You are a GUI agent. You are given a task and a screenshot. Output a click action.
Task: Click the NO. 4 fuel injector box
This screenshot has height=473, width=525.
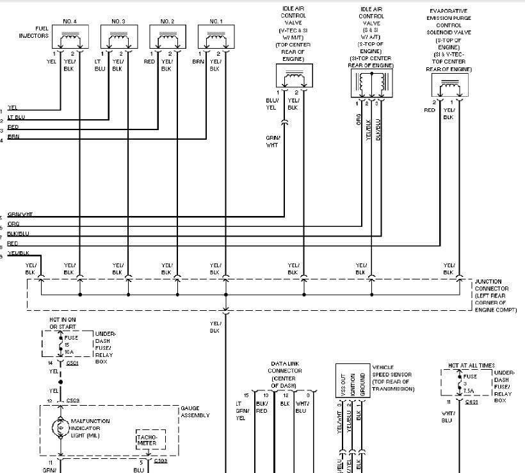pos(69,38)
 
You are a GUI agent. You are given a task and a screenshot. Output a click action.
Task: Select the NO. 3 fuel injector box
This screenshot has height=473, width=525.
pos(118,38)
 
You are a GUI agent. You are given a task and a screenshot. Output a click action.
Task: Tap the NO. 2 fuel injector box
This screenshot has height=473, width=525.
pos(166,38)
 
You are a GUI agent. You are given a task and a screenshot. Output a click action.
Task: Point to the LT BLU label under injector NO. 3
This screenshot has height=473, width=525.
pos(99,65)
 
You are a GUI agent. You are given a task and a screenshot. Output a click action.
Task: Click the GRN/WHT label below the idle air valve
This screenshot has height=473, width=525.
pos(272,141)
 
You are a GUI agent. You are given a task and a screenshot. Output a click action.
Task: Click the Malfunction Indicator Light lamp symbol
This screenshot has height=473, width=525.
pos(61,426)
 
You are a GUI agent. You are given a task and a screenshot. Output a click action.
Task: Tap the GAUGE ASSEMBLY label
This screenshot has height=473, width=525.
pos(195,411)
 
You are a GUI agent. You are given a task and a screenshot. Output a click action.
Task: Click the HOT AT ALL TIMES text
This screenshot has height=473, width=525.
pos(472,365)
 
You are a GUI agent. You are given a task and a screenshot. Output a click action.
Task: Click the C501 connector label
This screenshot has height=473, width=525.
pos(72,363)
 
